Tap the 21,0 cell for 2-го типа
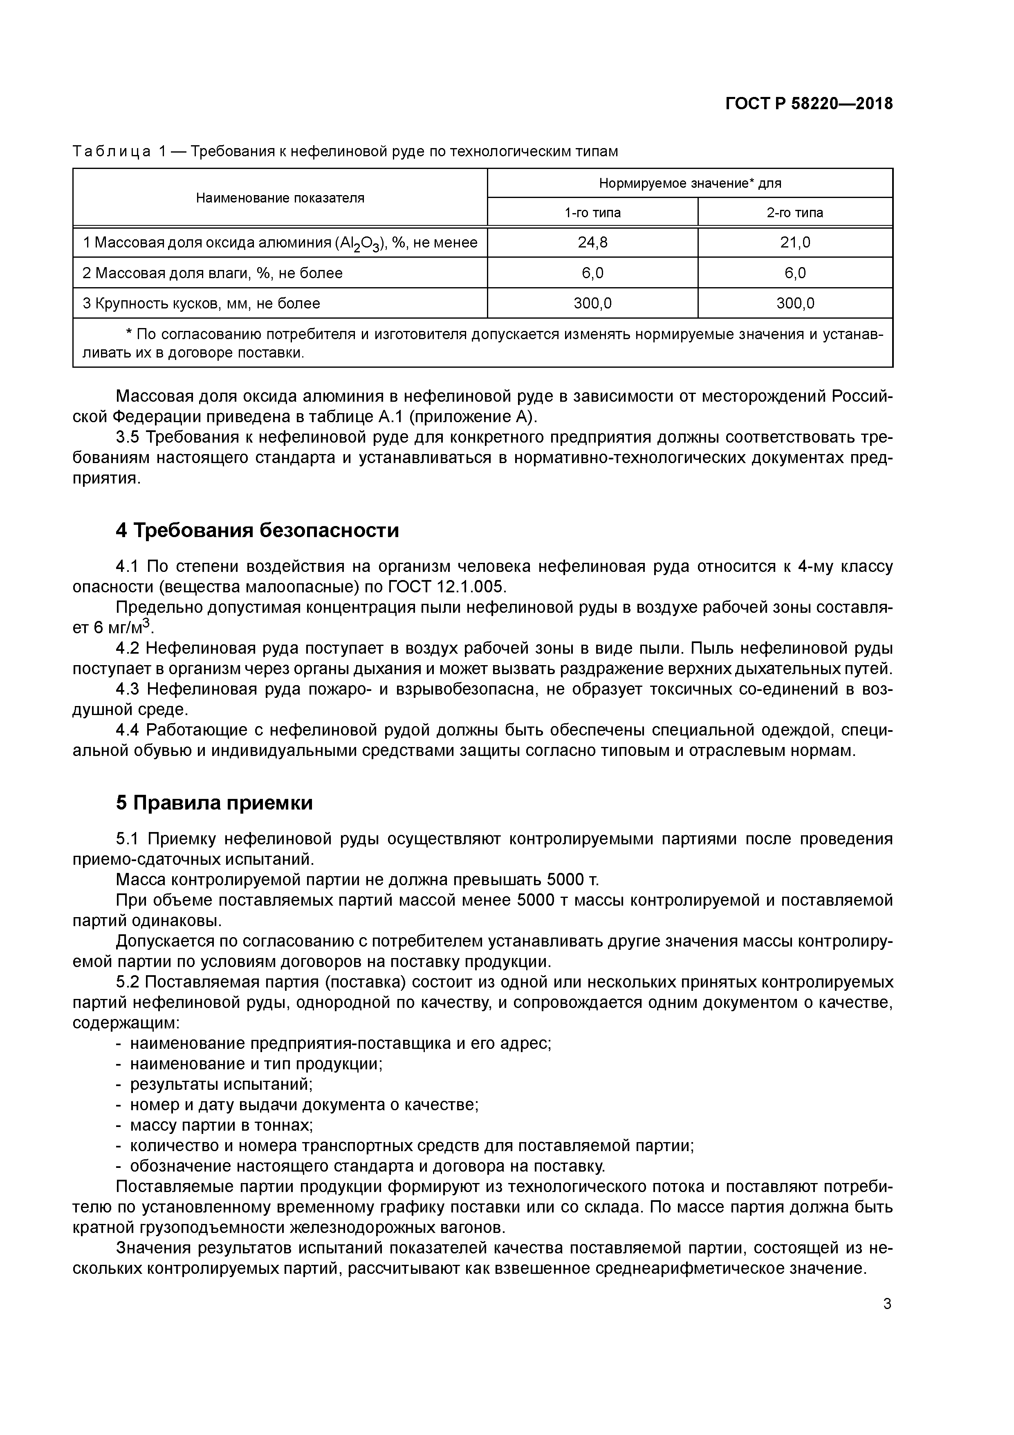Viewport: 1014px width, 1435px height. click(795, 243)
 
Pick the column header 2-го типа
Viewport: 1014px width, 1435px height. click(795, 212)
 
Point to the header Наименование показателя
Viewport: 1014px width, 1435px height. click(280, 198)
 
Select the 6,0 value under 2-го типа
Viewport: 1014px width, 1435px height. click(795, 273)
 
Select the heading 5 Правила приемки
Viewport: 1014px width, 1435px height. click(214, 803)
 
